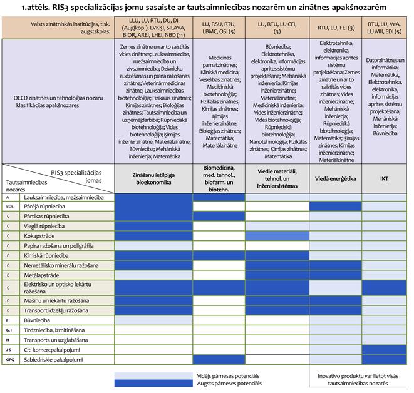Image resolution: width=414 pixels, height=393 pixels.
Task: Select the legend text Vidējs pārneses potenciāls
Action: tap(224, 375)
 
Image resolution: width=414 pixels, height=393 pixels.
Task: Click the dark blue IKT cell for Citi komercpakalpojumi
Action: tap(384, 350)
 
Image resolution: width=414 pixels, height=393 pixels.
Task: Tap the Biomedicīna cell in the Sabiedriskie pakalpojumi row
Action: tap(219, 360)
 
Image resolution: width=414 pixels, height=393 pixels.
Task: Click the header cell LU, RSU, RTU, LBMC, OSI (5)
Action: tap(219, 28)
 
